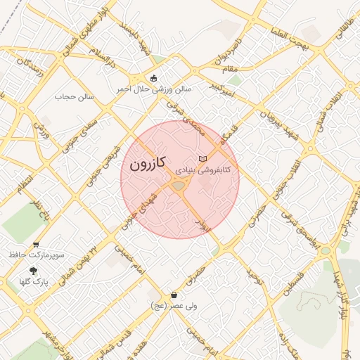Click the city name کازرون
[147, 164]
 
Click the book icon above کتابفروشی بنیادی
[203, 159]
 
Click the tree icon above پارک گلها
[34, 270]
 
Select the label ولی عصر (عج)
[174, 306]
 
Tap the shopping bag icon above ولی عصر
[174, 295]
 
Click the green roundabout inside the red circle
[178, 186]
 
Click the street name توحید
[253, 276]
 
